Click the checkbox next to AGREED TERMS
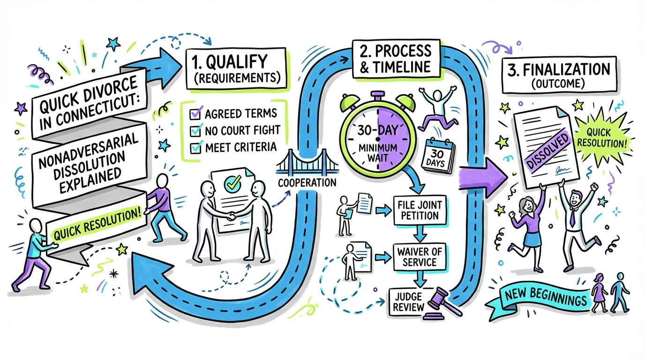pyautogui.click(x=195, y=113)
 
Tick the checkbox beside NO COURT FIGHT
pyautogui.click(x=195, y=131)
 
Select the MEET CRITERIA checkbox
pyautogui.click(x=195, y=148)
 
